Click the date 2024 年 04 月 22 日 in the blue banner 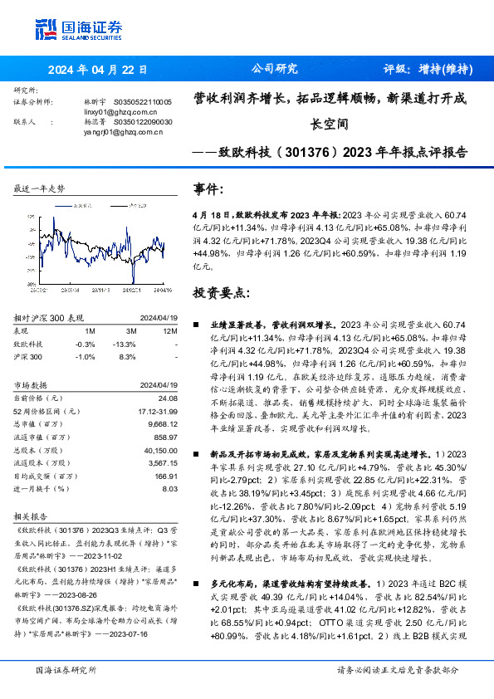click(x=98, y=70)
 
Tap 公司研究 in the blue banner click(x=274, y=70)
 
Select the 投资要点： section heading click(x=220, y=293)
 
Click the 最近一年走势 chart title click(x=39, y=189)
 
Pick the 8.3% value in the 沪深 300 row click(x=128, y=355)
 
